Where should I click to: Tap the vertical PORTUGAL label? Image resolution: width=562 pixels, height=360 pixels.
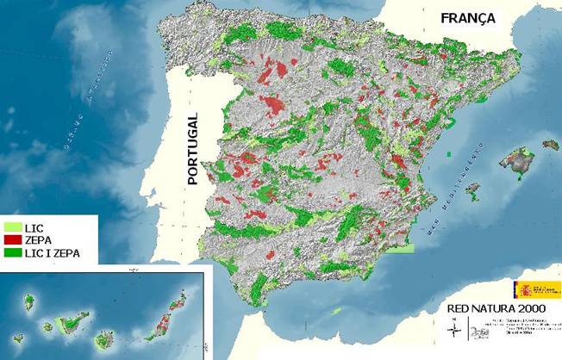pos(193,148)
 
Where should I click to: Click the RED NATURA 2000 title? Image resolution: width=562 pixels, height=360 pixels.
pos(492,307)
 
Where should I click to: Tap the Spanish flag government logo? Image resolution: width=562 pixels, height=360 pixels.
pos(527,288)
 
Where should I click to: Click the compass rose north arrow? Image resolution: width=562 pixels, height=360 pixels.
pos(454,326)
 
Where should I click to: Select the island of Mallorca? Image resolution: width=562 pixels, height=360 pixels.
pos(517,160)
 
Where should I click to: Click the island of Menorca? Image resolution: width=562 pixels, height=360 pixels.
pos(550,145)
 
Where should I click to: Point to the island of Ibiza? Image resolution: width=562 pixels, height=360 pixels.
pos(471,189)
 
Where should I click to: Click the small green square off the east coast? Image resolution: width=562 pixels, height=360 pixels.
pos(449,155)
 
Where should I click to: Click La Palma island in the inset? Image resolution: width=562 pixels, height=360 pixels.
pos(28,301)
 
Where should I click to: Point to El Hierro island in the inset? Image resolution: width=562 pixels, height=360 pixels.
pos(18,338)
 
